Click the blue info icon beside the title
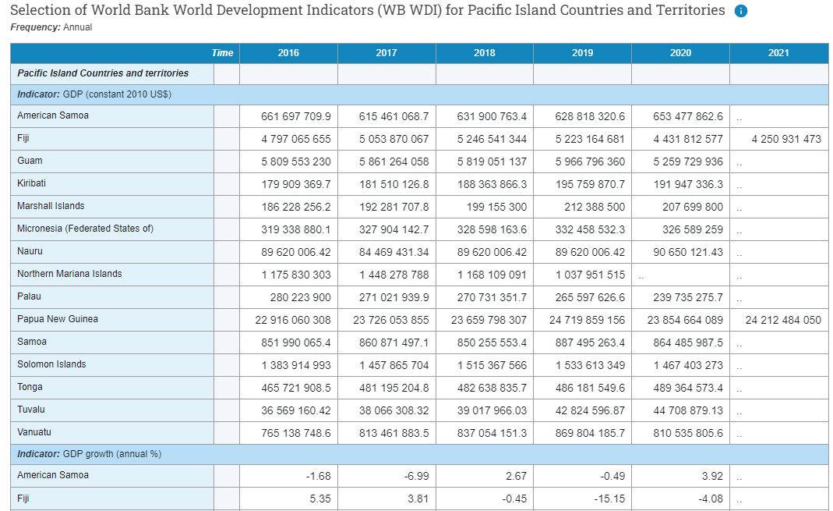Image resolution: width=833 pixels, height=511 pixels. click(x=741, y=11)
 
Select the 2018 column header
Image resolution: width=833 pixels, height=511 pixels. click(x=484, y=53)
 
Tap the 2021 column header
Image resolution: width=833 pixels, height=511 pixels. click(x=778, y=53)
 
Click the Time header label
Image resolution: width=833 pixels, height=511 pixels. click(x=222, y=53)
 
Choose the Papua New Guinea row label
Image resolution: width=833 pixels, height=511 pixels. click(x=57, y=319)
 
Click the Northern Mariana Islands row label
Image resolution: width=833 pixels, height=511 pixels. click(x=69, y=274)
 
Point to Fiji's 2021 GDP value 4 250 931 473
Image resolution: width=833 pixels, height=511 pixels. click(x=785, y=139)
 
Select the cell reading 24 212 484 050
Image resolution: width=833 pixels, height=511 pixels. click(x=783, y=320)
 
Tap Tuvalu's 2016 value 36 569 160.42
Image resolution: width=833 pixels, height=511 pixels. click(x=293, y=410)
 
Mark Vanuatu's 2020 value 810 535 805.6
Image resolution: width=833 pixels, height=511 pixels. click(x=685, y=433)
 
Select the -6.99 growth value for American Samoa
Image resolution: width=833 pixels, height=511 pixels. click(x=413, y=476)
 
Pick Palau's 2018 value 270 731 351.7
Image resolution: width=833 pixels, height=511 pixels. click(x=489, y=297)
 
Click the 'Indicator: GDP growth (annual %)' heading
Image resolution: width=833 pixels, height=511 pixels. click(x=89, y=453)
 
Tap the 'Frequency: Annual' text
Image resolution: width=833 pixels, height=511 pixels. click(x=51, y=27)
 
